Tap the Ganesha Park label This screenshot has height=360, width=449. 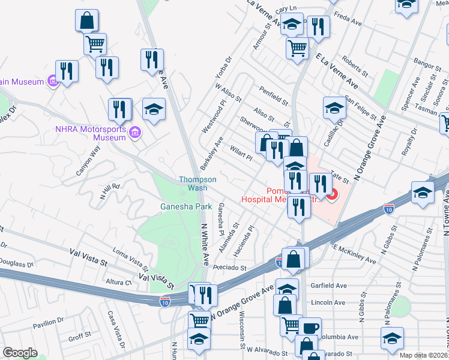(x=186, y=207)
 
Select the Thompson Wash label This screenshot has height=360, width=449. (x=197, y=184)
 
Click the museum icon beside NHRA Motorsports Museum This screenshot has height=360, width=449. (x=134, y=132)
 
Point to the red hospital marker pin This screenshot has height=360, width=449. (x=333, y=194)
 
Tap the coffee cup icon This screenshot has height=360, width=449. (x=311, y=328)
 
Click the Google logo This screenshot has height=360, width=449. (x=20, y=353)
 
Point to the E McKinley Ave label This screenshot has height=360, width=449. (x=354, y=254)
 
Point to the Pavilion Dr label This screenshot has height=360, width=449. (x=48, y=325)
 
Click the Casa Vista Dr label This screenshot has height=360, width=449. (x=115, y=329)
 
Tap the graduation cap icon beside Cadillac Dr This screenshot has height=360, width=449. (x=334, y=108)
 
